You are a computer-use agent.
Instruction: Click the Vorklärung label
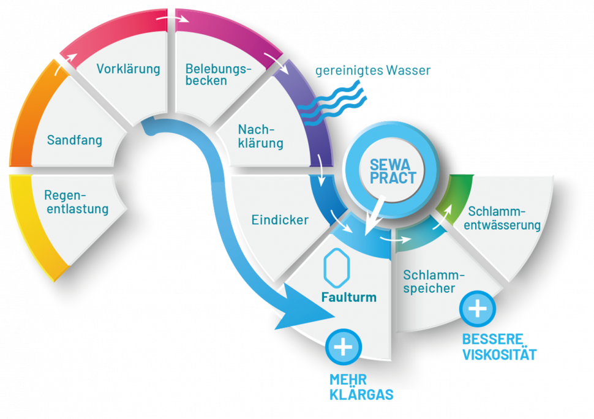tap(128, 69)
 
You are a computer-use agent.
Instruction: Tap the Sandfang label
tap(75, 140)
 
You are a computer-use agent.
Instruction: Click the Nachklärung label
tap(260, 137)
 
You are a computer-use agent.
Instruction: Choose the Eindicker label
tap(280, 220)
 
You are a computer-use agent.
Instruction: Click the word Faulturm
tap(348, 298)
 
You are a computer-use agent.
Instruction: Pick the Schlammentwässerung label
tap(504, 218)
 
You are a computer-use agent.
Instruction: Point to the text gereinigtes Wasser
tap(373, 70)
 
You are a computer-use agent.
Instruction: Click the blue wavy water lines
tap(334, 104)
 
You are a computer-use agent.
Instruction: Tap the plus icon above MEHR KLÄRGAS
tap(344, 347)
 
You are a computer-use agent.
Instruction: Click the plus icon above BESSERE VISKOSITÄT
tap(478, 308)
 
